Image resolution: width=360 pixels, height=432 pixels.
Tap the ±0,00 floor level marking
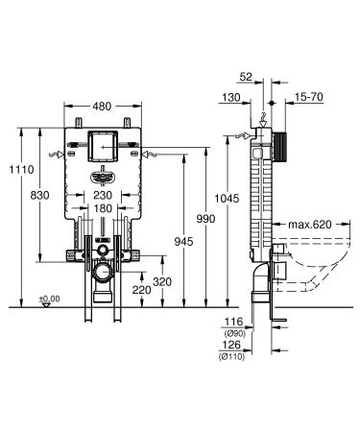tap(47, 299)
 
